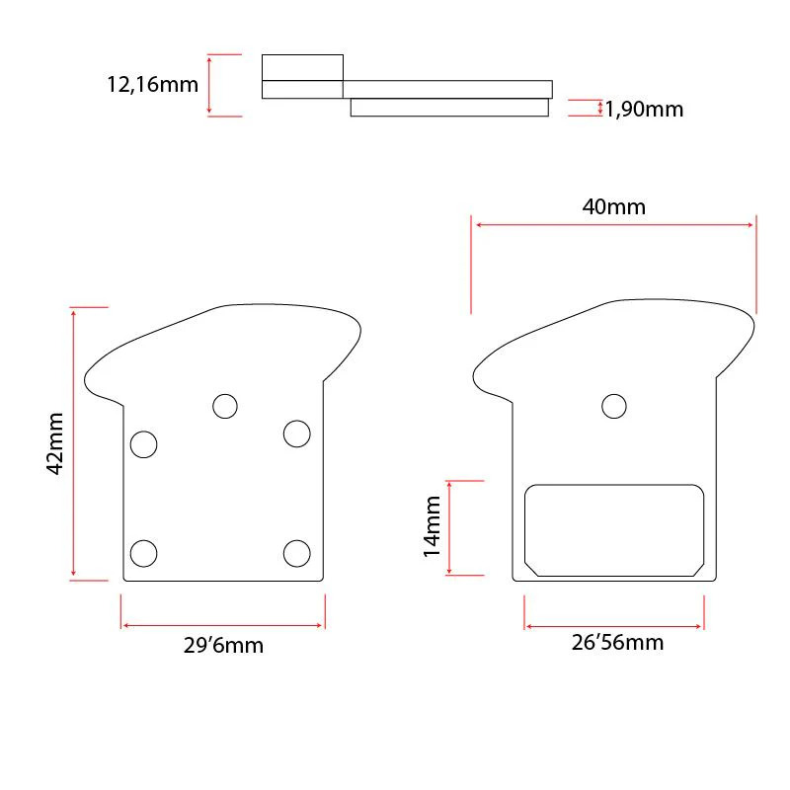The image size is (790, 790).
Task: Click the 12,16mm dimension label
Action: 152,84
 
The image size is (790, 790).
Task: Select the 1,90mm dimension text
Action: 643,110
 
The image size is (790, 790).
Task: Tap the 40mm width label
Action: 613,206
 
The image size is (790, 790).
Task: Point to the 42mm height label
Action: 55,442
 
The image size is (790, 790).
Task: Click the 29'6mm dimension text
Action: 223,646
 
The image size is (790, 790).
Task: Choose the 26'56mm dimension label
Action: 617,643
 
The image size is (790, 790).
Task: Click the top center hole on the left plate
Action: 225,406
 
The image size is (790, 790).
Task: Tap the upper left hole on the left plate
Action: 144,444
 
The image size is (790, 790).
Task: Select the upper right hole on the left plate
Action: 297,433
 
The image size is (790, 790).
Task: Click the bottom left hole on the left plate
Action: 144,553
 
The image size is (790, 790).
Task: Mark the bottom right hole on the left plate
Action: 297,553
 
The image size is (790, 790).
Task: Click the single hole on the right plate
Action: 614,406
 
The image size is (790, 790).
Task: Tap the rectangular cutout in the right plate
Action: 613,529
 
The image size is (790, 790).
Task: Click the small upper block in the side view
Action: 302,67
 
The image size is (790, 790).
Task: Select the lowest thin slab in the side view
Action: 449,107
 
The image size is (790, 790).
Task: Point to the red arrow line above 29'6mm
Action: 223,625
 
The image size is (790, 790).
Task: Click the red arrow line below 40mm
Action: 614,225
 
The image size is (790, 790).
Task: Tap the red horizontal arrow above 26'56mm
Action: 614,625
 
